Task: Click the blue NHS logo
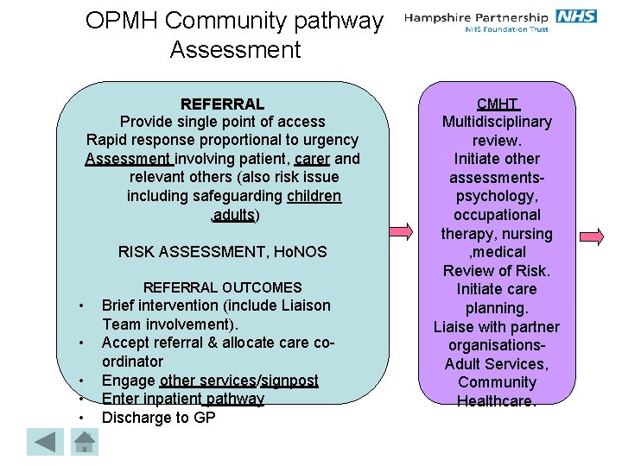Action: coord(575,16)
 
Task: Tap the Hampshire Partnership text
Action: coord(476,17)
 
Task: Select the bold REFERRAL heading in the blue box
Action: coord(222,104)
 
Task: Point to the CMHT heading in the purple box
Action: coord(497,104)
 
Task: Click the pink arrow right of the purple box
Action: coord(591,233)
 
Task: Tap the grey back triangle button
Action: coord(44,442)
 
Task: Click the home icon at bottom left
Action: coord(84,442)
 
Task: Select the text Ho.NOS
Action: coord(299,251)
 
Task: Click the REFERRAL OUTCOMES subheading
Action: coord(222,287)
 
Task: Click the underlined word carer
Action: coord(312,159)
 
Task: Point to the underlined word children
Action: coord(314,196)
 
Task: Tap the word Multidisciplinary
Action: coord(497,122)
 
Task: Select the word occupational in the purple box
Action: coord(497,215)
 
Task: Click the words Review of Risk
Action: coord(497,271)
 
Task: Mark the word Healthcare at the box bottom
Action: coord(497,401)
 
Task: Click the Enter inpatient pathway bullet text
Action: coord(183,399)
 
